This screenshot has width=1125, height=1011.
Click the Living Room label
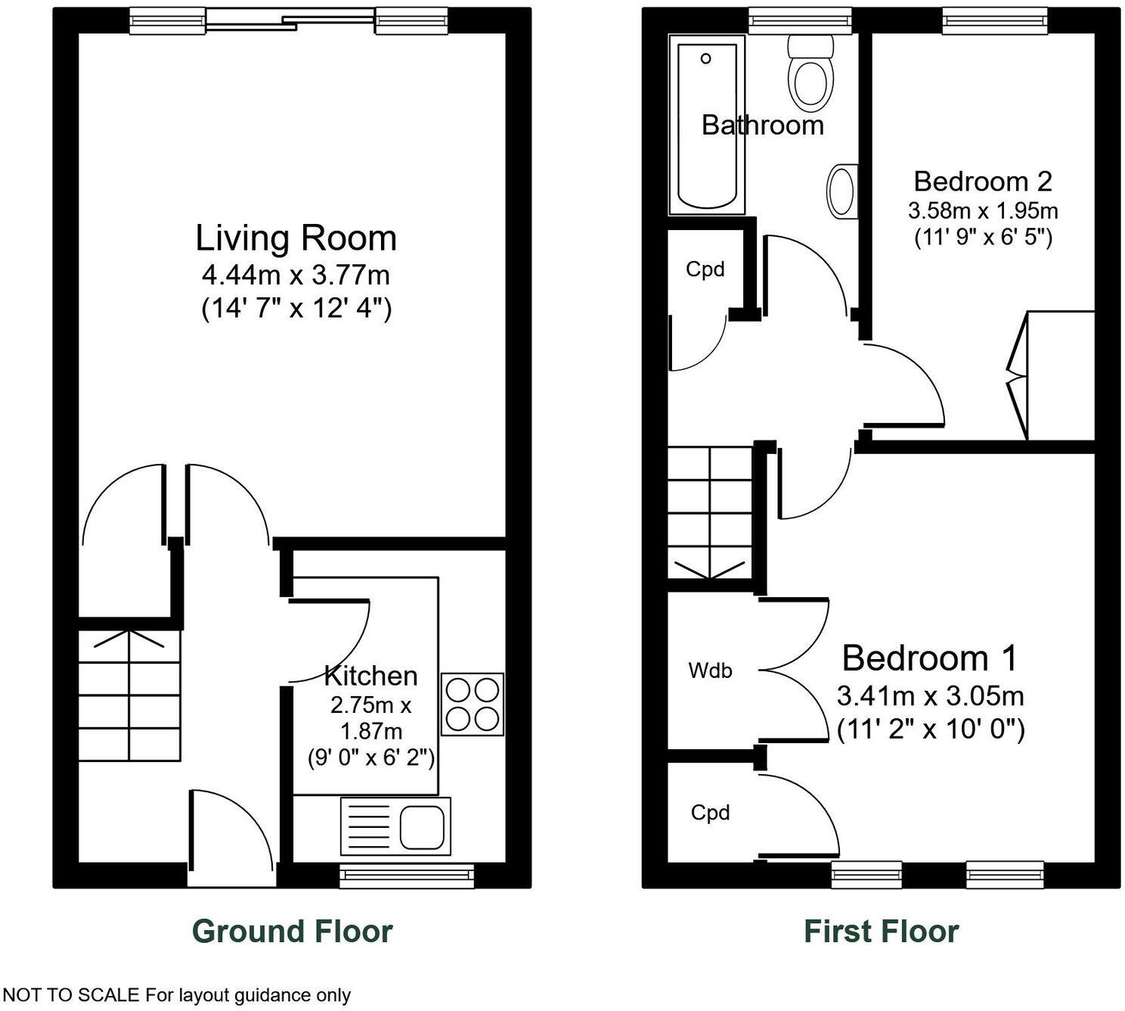coord(296,238)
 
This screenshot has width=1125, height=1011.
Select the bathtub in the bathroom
coord(707,125)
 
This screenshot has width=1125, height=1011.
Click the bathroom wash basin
coord(841,191)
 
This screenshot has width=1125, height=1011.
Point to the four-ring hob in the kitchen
coord(472,704)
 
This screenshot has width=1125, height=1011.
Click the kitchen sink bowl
coord(421,826)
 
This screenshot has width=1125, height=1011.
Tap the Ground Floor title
coord(293,931)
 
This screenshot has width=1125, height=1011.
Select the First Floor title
coord(881,931)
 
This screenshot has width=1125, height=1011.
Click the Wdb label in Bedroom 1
coord(710,670)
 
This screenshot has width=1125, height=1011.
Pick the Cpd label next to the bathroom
coord(705,269)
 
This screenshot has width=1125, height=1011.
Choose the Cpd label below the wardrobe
coord(710,813)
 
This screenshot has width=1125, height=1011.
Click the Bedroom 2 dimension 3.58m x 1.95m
coord(983,210)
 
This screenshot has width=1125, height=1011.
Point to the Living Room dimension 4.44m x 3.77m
coord(296,274)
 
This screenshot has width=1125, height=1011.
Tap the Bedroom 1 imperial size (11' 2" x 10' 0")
coord(931,729)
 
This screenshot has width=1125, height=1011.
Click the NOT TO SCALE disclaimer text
coord(177,994)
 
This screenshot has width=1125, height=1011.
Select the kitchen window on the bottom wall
coord(407,875)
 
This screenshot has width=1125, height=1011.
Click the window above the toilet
coord(800,21)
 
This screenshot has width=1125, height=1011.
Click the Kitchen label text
coord(370,675)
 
